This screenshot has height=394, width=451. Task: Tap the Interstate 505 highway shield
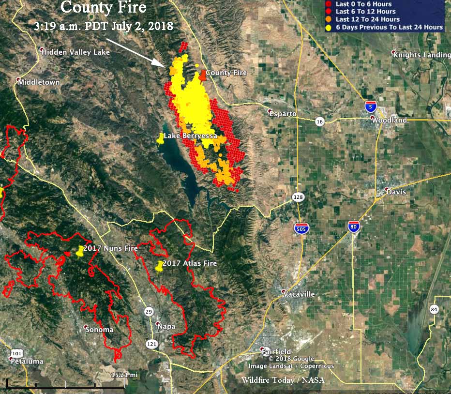point(301,228)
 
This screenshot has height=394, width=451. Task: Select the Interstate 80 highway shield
point(354,227)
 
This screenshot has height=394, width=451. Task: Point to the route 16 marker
point(319,121)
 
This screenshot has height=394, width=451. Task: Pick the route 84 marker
point(434,309)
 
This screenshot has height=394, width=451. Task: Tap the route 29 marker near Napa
point(149,311)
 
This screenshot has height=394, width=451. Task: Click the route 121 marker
point(151,343)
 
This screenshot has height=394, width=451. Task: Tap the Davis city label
point(396,192)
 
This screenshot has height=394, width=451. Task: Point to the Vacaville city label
point(299,294)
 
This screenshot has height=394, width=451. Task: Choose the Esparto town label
point(285,113)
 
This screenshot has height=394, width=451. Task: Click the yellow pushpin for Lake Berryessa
point(160,139)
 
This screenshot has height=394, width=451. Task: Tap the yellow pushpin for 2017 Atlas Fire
point(159,266)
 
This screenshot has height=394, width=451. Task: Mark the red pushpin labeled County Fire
point(203,74)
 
